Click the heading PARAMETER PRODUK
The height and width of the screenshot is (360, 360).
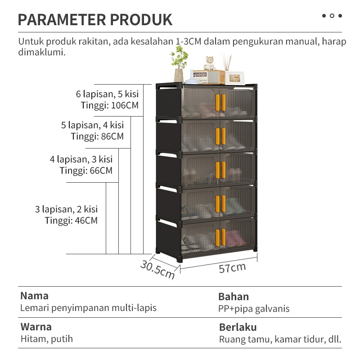[95, 20]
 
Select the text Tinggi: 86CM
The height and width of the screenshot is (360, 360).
[97, 136]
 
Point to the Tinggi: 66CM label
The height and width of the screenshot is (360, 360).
[86, 171]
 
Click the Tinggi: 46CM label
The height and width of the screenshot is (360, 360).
[71, 220]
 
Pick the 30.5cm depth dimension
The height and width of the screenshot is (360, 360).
[157, 270]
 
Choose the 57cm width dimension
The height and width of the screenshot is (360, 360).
[232, 268]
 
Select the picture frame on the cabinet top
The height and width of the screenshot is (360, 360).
[234, 78]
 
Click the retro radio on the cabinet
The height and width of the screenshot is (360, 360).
[209, 77]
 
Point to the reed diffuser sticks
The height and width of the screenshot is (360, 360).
[227, 62]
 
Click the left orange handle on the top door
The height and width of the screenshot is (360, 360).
[217, 103]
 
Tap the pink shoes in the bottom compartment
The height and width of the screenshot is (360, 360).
[234, 239]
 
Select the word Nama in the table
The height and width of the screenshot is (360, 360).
[35, 296]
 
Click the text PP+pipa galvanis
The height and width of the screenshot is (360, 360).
[254, 309]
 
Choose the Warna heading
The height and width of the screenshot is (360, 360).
[36, 327]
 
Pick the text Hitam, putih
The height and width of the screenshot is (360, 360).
[47, 339]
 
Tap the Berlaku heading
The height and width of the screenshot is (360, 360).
[238, 327]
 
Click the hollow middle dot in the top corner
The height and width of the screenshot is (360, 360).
[332, 16]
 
